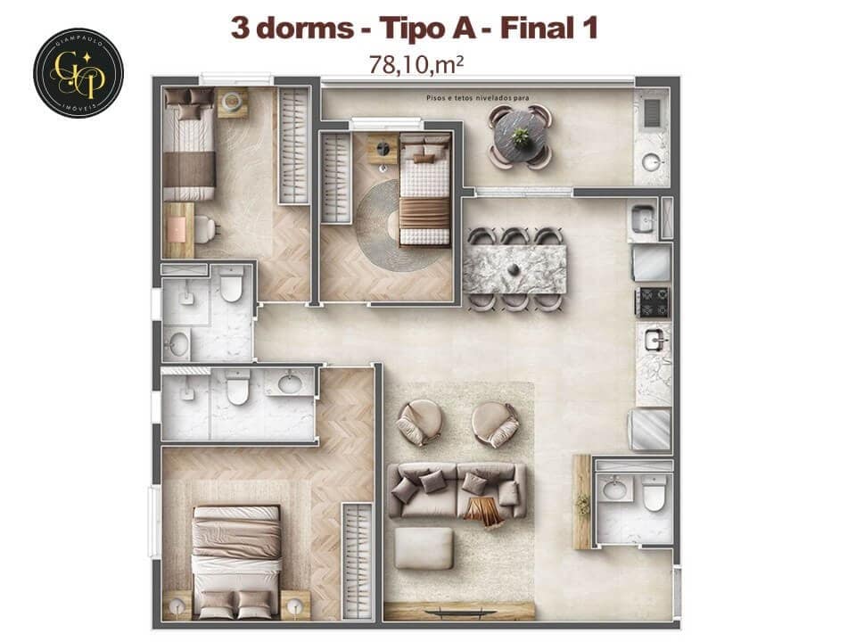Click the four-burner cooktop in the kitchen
[x=652, y=302]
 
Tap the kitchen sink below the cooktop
[x=654, y=340]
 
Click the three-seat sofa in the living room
[x=457, y=490]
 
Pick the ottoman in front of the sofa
[x=424, y=547]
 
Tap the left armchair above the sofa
[x=419, y=422]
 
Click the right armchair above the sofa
[x=495, y=423]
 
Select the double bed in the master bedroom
[x=236, y=560]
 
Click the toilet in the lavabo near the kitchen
[x=654, y=493]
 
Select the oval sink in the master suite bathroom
[x=290, y=384]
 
